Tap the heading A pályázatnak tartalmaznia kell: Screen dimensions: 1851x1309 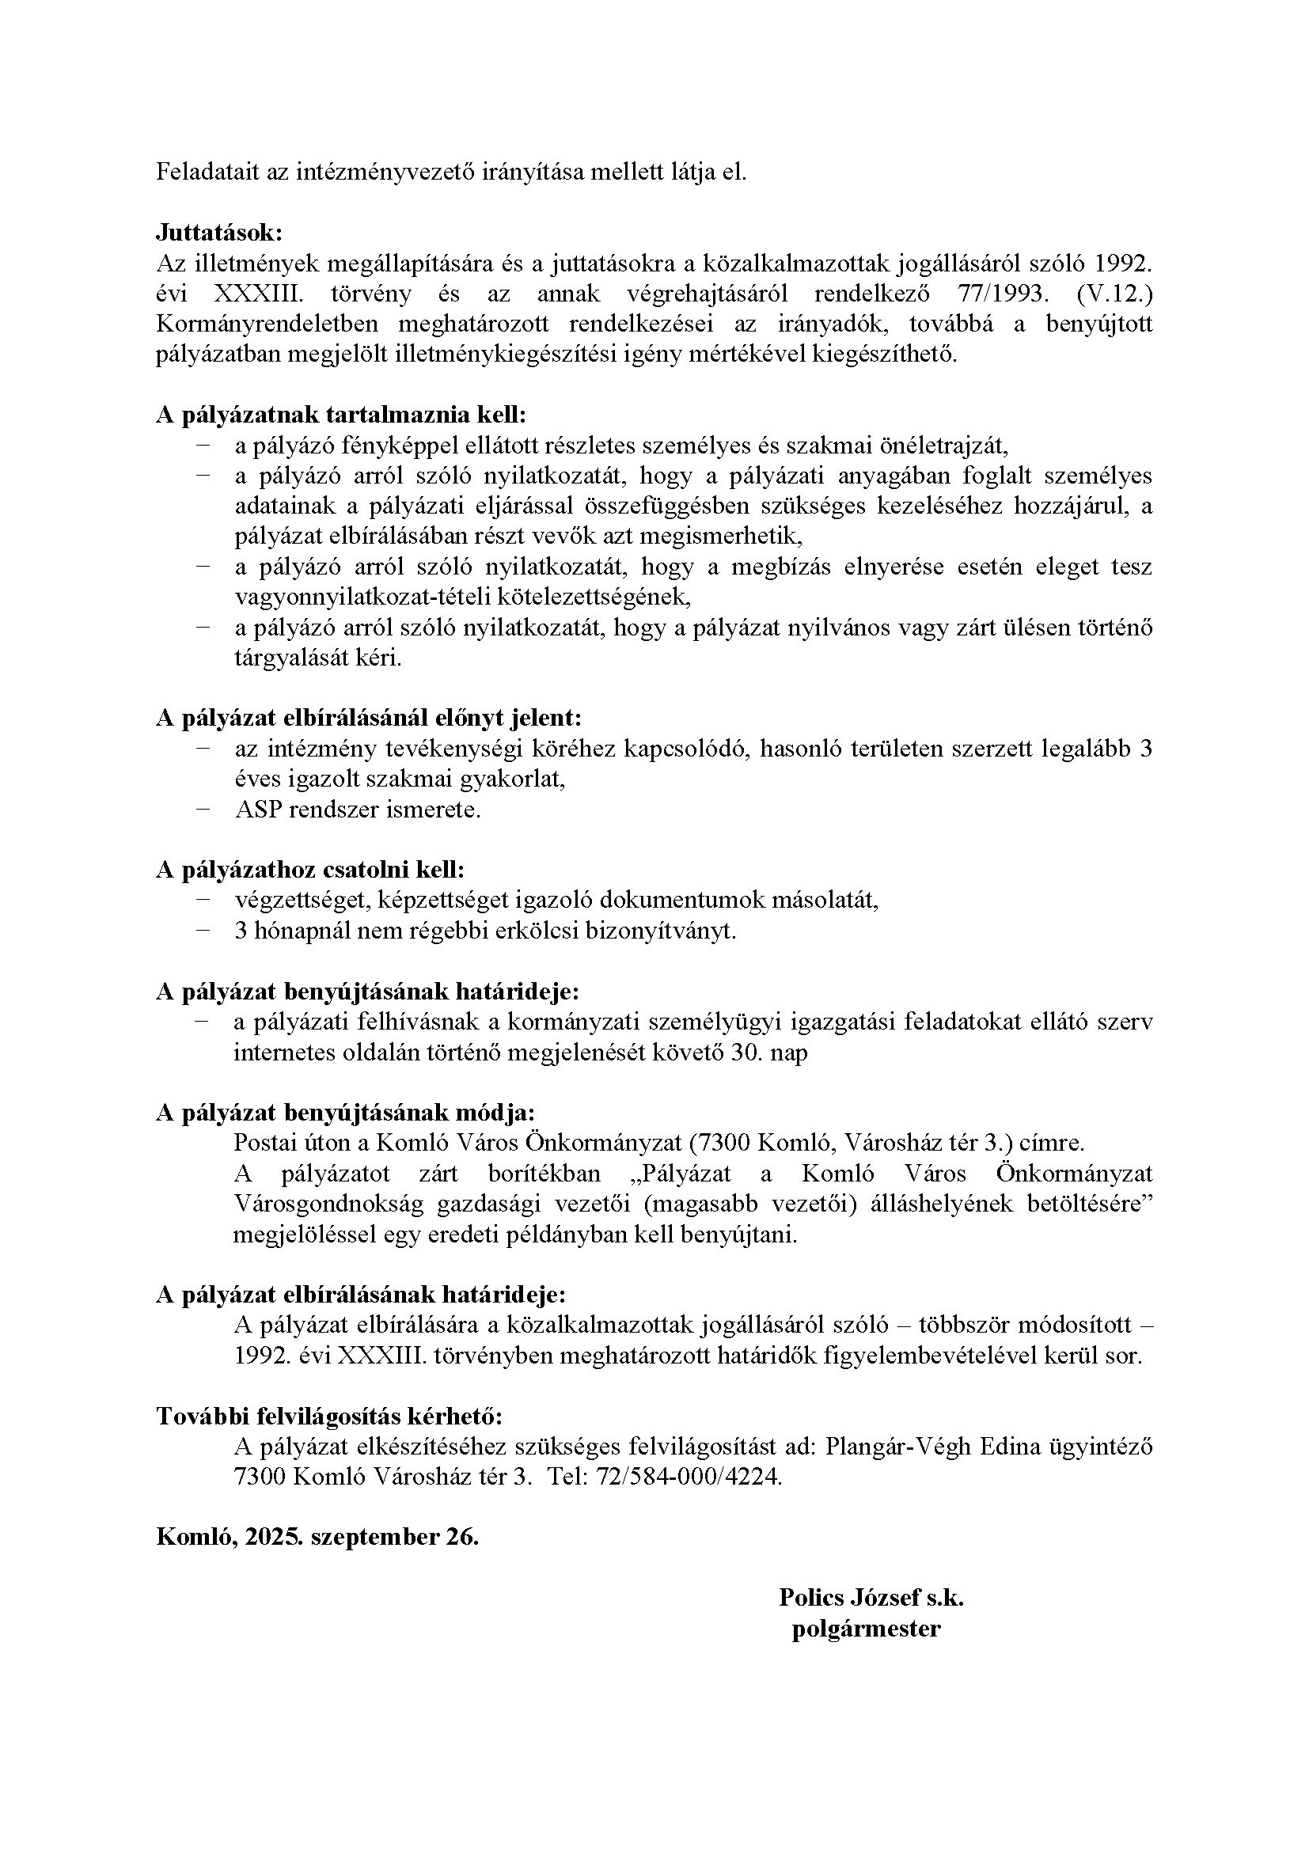click(x=340, y=415)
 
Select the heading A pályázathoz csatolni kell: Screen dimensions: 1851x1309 click(x=310, y=870)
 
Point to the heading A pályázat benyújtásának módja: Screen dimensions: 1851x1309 click(x=345, y=1113)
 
